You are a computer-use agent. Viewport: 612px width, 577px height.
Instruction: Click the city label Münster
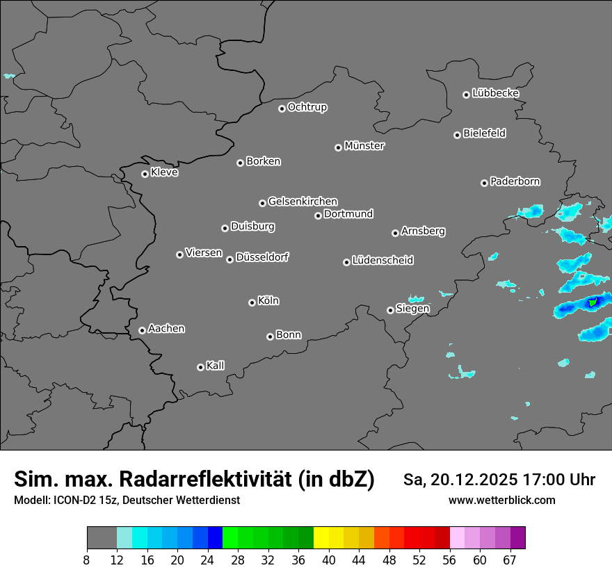[x=364, y=146]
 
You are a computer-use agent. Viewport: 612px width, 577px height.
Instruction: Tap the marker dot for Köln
[x=252, y=302]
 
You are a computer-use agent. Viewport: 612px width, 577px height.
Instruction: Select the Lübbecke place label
[x=495, y=93]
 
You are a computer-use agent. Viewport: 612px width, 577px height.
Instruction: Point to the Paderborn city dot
[x=484, y=183]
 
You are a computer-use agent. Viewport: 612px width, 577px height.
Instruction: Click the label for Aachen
[x=166, y=329]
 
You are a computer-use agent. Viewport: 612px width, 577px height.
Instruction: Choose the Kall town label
[x=215, y=366]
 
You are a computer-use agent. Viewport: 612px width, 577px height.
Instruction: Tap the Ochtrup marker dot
[x=282, y=108]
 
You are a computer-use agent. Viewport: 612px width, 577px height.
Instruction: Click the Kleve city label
[x=164, y=172]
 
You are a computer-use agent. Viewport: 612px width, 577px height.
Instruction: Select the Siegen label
[x=412, y=309]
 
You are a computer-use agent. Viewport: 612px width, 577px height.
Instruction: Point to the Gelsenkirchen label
[x=303, y=202]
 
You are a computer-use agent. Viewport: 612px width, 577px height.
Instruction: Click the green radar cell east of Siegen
[x=592, y=303]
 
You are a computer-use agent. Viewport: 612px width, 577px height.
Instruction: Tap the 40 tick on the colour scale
[x=328, y=560]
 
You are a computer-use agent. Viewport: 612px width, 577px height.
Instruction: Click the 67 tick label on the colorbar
[x=510, y=560]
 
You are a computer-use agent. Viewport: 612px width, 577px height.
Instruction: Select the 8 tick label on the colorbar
[x=86, y=560]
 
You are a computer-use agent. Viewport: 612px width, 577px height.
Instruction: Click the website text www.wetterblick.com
[x=501, y=501]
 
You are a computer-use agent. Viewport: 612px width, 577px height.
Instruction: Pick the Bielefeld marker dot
[x=457, y=135]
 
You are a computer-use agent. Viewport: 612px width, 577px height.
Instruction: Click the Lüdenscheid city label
[x=382, y=261]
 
